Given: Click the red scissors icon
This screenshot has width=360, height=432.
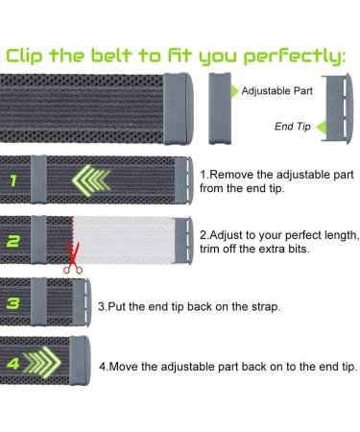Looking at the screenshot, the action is [73, 259].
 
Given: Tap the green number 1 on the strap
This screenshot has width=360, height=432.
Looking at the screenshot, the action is [12, 180].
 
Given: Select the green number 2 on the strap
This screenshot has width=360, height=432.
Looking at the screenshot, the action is [13, 241].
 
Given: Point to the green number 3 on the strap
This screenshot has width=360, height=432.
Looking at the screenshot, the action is [13, 303].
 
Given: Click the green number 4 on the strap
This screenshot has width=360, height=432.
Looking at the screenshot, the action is [13, 363].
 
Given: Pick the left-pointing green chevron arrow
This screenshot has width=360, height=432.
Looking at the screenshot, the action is [91, 179].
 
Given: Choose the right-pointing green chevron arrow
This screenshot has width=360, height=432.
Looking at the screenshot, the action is [42, 362].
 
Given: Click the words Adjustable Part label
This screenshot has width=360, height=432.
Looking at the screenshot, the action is [277, 91].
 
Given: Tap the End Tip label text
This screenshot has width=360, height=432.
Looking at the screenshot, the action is [293, 127].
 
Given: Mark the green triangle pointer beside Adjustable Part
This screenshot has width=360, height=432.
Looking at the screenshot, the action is [234, 91].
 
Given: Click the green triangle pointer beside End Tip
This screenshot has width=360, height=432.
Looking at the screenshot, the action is [321, 127].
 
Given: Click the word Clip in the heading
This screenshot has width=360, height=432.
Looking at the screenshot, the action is [24, 55].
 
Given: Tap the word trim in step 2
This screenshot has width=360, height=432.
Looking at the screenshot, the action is [210, 249].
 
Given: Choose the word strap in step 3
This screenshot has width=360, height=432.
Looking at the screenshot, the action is [266, 307].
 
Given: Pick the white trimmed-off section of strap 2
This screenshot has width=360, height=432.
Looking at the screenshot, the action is [124, 240].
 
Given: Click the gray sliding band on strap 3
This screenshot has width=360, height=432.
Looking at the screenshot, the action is [38, 302].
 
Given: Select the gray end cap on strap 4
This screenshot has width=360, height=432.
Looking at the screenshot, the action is [81, 360].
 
